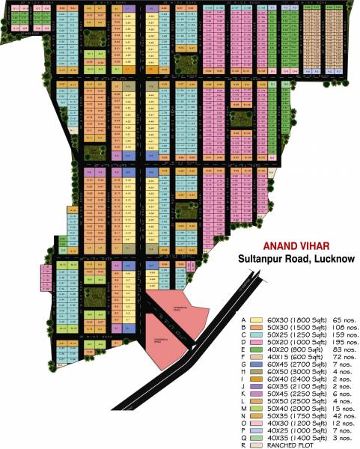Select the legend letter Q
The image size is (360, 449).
242,431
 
